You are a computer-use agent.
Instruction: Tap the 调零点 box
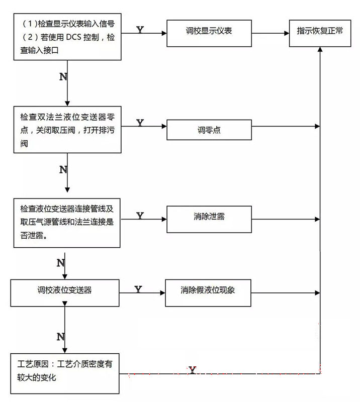(209, 130)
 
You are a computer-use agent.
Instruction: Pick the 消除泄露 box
(209, 218)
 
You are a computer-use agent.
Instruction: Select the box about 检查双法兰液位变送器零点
(66, 130)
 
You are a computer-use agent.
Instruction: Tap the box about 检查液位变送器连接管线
(66, 222)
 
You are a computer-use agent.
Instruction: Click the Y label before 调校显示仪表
(140, 30)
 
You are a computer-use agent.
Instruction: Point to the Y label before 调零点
(140, 123)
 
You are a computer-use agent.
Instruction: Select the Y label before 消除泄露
(140, 216)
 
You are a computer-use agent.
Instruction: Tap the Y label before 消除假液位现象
(138, 289)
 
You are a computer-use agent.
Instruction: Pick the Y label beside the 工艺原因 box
(192, 371)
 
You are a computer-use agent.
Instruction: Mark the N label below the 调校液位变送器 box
(60, 336)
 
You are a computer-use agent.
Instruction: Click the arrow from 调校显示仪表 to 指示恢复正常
(270, 34)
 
